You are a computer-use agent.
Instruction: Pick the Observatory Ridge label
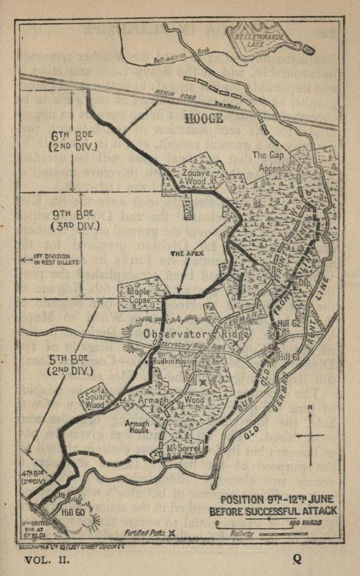197,334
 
